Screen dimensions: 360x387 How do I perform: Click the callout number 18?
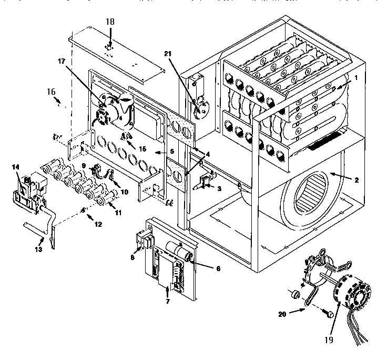(x=109, y=22)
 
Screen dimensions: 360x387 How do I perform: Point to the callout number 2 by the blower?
(x=357, y=181)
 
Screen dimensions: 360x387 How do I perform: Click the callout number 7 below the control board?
(x=168, y=302)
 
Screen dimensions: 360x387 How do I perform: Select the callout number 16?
(x=51, y=91)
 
